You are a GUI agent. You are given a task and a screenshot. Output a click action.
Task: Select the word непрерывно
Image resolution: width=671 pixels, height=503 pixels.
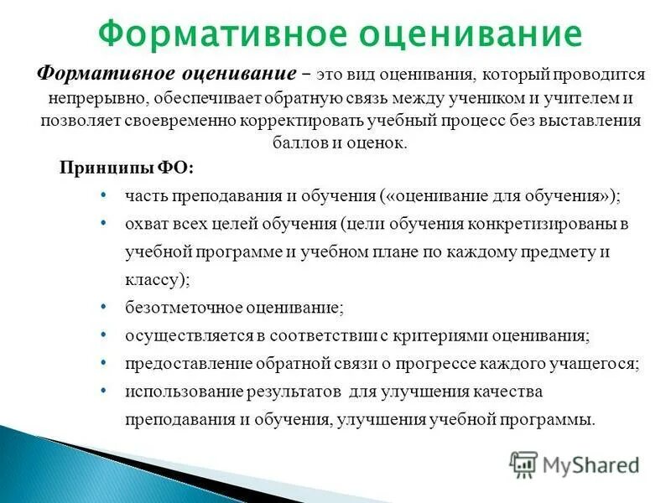[92, 98]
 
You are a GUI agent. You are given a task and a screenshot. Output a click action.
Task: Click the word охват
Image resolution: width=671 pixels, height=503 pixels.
[145, 225]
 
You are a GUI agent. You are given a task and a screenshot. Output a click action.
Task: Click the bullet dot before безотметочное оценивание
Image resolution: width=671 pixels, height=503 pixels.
[102, 306]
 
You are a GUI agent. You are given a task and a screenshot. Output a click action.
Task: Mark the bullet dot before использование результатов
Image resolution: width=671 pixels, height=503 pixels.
[102, 391]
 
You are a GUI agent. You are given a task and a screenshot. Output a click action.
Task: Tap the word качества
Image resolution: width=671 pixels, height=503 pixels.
[510, 392]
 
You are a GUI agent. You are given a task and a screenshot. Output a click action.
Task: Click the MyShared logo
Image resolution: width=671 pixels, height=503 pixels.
[575, 462]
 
